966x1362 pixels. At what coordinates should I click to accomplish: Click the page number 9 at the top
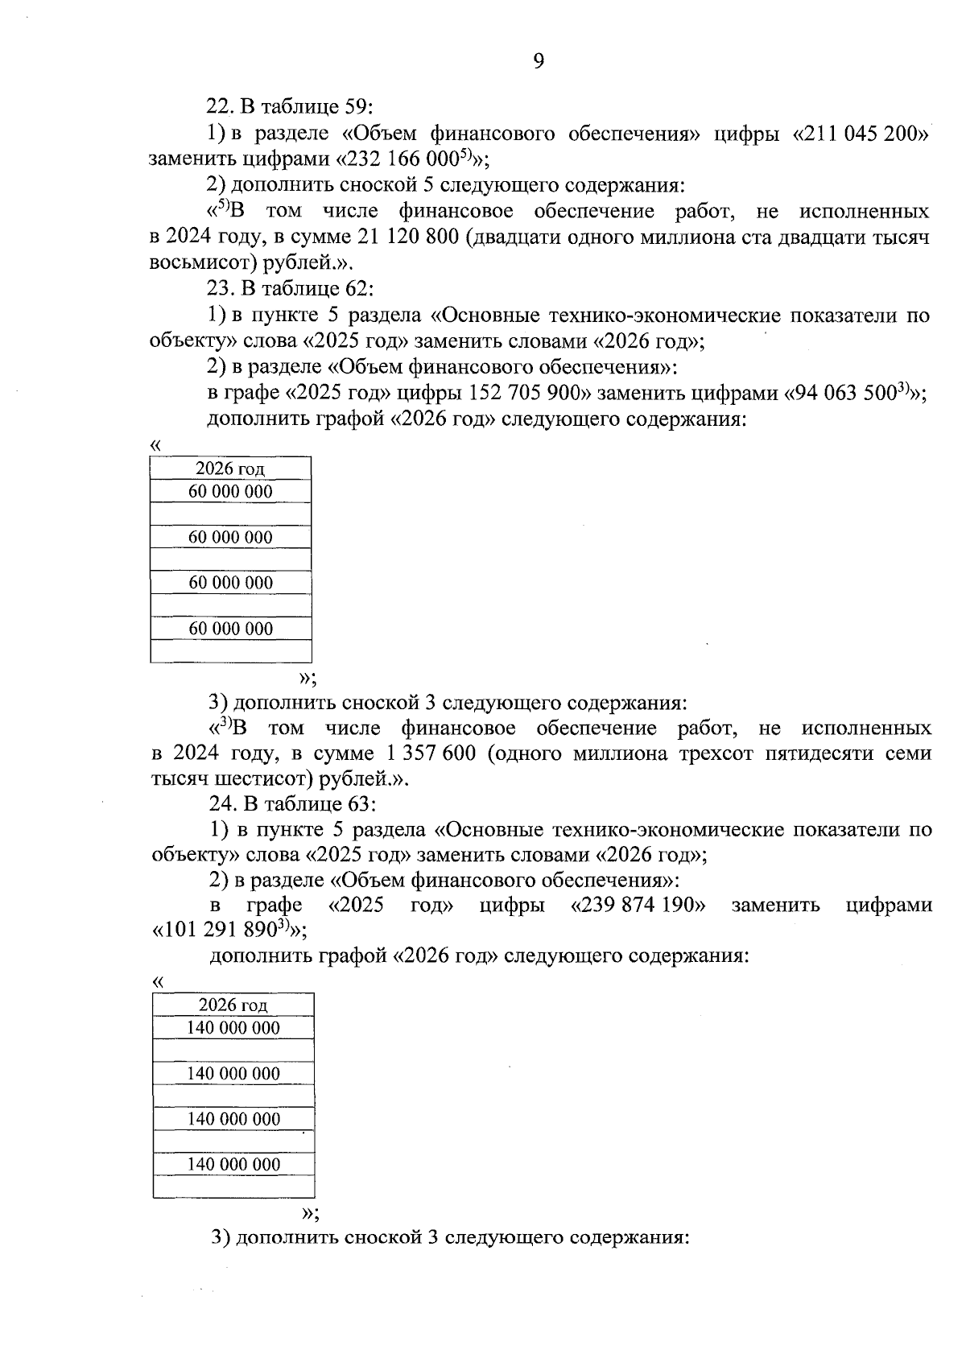tap(538, 61)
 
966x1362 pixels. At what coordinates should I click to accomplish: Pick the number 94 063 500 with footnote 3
tap(853, 394)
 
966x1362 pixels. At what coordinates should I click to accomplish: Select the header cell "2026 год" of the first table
tap(230, 468)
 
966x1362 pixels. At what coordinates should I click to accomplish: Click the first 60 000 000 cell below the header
tap(230, 492)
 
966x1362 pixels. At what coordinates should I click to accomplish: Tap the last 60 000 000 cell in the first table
tap(230, 629)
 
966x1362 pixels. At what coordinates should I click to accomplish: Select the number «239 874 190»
tap(638, 905)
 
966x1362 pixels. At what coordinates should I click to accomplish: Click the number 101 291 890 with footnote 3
tap(225, 931)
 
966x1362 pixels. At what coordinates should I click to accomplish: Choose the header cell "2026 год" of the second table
tap(233, 1005)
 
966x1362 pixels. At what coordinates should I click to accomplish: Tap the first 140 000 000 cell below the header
tap(233, 1028)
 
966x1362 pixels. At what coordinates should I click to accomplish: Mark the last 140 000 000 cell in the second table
tap(233, 1165)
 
